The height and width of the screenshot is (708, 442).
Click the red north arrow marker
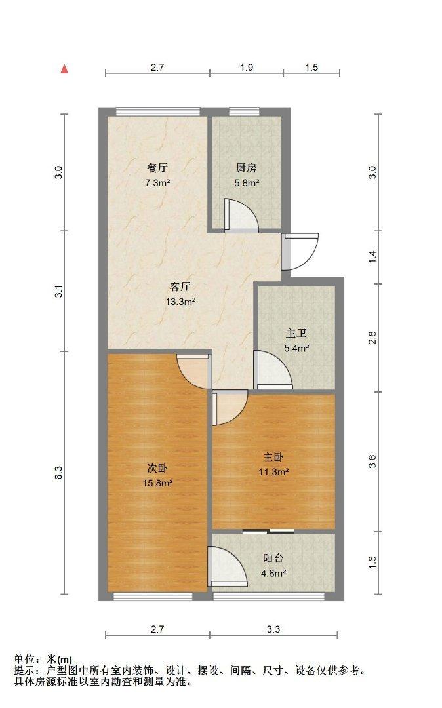(x=64, y=69)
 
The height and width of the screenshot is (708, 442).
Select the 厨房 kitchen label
(x=247, y=167)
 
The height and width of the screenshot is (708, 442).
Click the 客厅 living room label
(x=180, y=286)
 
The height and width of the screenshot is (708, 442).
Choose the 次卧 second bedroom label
(x=157, y=468)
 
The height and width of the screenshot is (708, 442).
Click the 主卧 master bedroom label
(x=273, y=456)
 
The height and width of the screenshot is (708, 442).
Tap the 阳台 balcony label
(x=273, y=559)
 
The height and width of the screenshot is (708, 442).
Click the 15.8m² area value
(x=158, y=484)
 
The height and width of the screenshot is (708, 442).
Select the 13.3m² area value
(x=181, y=302)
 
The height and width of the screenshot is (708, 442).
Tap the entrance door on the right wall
(x=300, y=252)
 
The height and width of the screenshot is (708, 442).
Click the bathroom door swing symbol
(x=271, y=371)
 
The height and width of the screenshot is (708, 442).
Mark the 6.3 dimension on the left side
(x=58, y=472)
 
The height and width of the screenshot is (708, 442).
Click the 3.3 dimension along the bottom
(x=273, y=629)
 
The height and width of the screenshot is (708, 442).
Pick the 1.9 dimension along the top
(x=247, y=68)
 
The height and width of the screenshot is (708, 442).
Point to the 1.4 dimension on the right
(x=372, y=257)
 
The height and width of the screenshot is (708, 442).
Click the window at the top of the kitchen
(x=243, y=111)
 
